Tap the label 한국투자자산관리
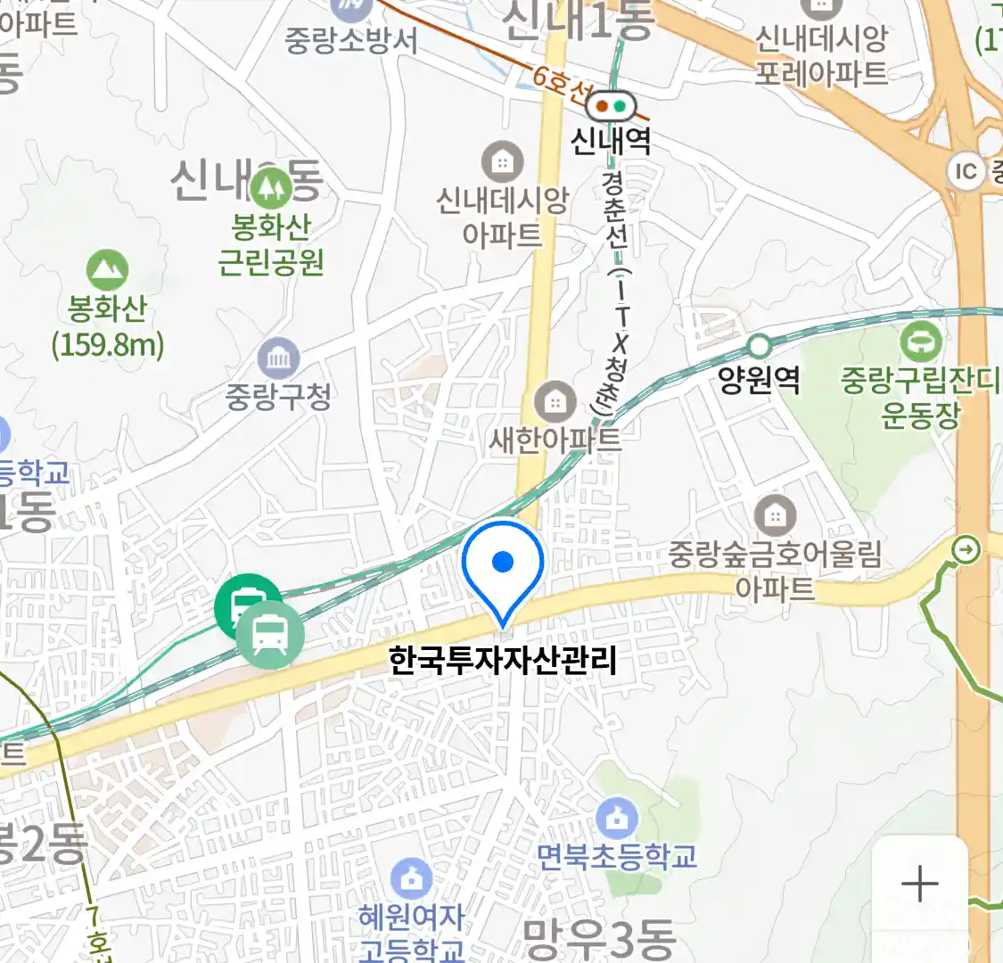pos(503,661)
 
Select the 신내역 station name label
pos(611,141)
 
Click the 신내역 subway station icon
pos(612,106)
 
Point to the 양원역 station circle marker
pos(759,345)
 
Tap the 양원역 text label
pos(759,381)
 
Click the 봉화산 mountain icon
pos(107,270)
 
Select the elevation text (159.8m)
pos(108,344)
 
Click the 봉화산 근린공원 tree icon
pos(270,188)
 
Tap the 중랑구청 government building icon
pos(278,358)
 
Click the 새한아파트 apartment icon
pos(555,401)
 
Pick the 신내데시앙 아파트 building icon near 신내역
pos(503,162)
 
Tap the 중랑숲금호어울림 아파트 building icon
pos(775,515)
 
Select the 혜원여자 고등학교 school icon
pos(411,879)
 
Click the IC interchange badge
pos(966,170)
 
